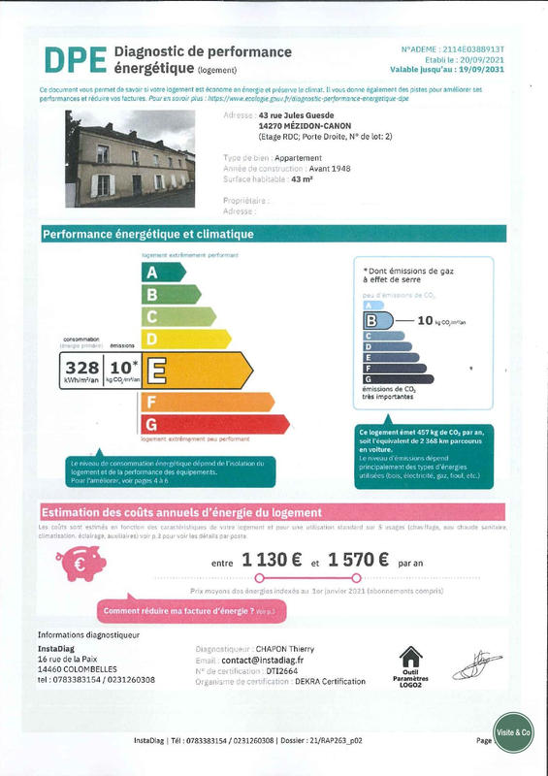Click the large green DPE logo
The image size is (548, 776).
pyautogui.click(x=73, y=59)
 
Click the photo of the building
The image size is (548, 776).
pyautogui.click(x=130, y=160)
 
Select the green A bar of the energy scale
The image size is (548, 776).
pyautogui.click(x=162, y=273)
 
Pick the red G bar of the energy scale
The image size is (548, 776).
pyautogui.click(x=214, y=425)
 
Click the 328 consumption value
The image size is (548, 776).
pyautogui.click(x=82, y=367)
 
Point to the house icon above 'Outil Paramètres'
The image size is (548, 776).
pyautogui.click(x=411, y=658)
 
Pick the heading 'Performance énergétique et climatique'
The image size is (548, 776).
pyautogui.click(x=148, y=235)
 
